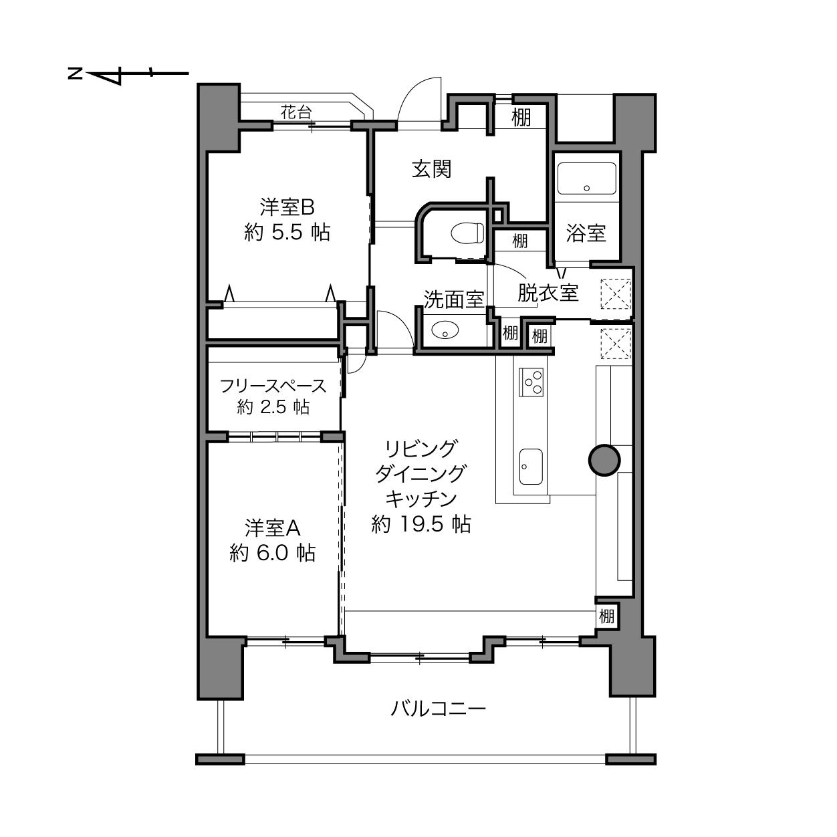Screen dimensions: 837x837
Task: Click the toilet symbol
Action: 467,233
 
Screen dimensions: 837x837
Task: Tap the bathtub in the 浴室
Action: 586,178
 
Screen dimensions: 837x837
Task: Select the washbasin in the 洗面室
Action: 445,330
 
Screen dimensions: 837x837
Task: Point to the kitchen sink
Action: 531,467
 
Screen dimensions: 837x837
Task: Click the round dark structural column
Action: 604,461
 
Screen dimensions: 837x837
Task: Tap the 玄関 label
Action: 431,168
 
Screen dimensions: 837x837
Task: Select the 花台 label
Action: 296,112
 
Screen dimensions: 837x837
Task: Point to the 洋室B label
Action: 287,207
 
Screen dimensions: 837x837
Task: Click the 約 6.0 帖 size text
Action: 272,554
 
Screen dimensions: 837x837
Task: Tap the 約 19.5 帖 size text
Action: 421,524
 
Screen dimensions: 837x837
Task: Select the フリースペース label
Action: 273,386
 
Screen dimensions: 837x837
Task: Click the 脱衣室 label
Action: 548,293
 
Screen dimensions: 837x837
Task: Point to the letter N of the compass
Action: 76,74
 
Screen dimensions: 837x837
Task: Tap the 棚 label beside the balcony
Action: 606,616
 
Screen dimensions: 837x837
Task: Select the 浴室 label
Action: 586,233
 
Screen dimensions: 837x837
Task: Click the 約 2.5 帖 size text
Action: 273,407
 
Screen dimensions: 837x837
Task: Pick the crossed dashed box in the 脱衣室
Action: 616,294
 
